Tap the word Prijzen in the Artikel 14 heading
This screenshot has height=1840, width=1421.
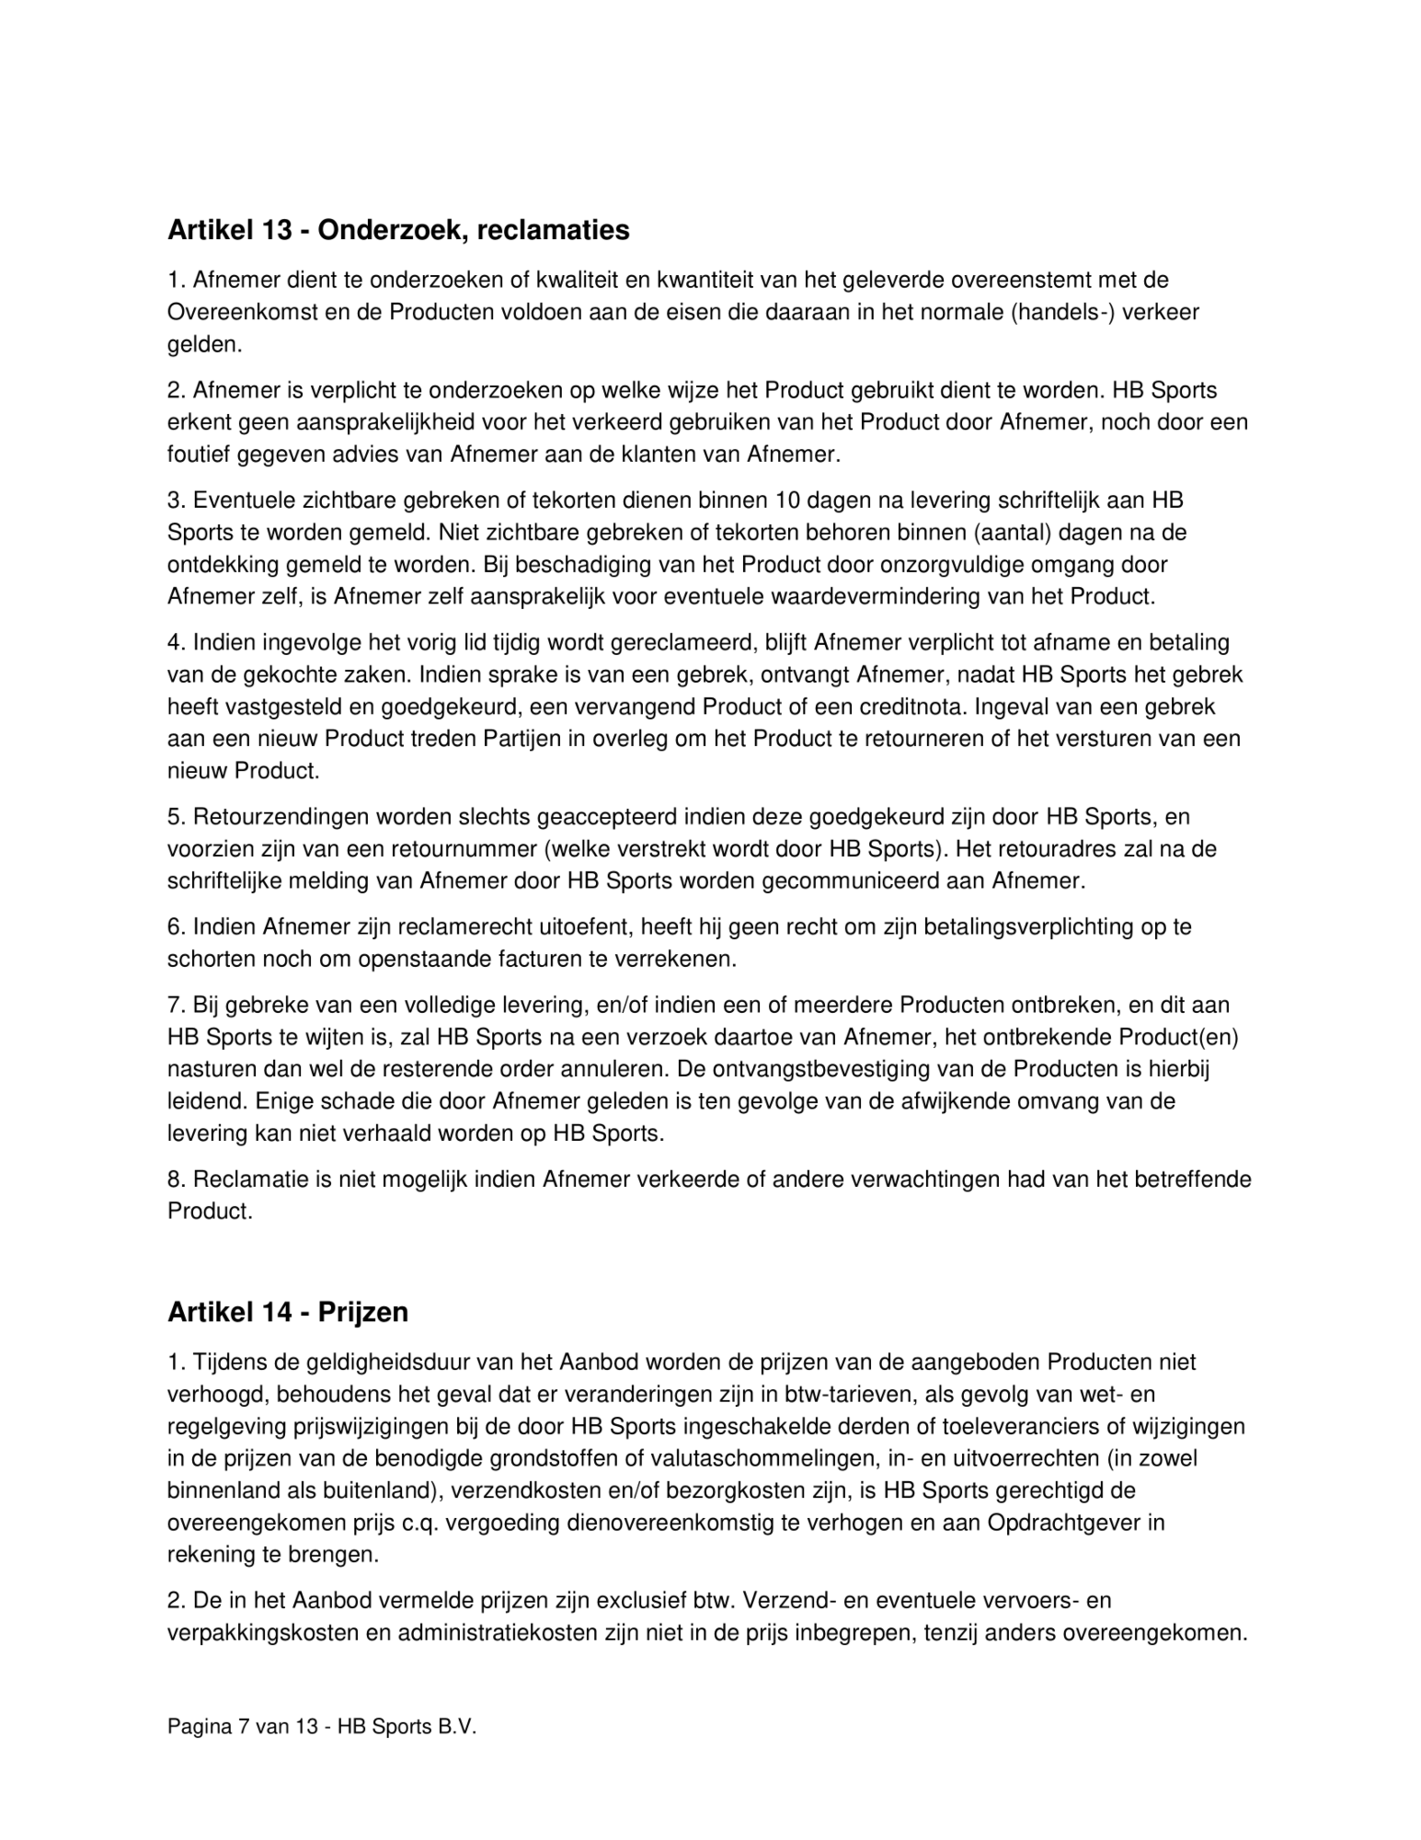363,1312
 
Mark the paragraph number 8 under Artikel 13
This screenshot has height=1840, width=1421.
175,1179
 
